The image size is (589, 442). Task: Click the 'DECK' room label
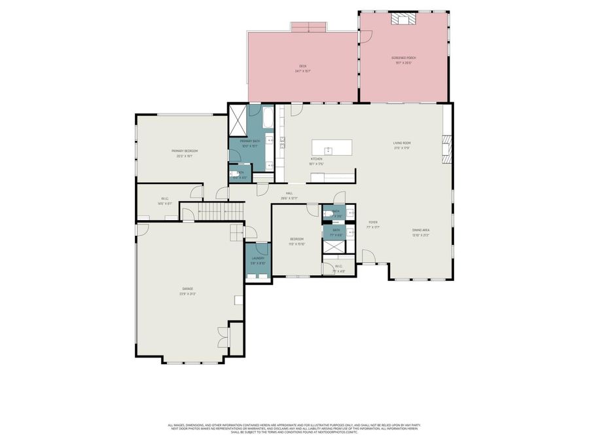(302, 66)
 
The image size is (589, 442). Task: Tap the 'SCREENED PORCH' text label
(404, 58)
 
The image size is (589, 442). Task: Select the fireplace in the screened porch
(399, 19)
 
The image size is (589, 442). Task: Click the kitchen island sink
(329, 151)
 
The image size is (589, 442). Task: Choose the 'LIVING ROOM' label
(401, 143)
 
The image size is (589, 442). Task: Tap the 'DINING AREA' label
(421, 230)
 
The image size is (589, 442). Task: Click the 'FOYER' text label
(373, 223)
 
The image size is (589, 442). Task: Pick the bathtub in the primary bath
(268, 118)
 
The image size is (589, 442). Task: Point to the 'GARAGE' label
(187, 288)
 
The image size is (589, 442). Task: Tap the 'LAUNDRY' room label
(258, 258)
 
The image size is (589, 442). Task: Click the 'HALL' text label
(289, 194)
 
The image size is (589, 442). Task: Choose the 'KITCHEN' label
(316, 159)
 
